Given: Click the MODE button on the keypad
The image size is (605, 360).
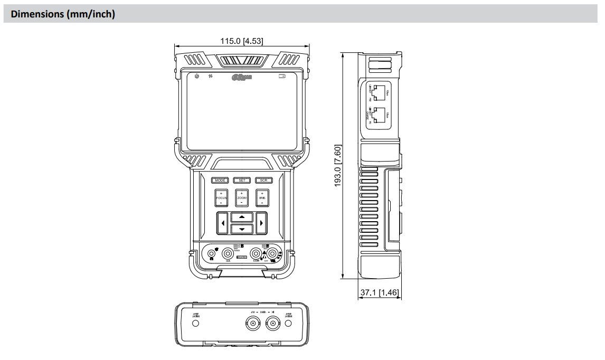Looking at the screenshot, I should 220,180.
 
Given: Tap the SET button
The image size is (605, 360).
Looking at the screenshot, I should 241,180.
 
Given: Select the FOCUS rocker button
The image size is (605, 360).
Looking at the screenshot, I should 221,197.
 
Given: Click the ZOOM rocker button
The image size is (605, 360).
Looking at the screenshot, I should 242,197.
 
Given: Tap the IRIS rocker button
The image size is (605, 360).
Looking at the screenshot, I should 262,197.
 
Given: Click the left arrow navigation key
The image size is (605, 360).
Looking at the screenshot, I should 222,223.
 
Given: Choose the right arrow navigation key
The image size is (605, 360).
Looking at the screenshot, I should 261,223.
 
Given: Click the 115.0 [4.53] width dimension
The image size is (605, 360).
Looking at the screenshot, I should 242,41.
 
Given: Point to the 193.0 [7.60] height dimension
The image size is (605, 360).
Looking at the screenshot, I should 338,165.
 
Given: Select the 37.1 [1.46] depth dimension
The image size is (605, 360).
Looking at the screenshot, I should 379,291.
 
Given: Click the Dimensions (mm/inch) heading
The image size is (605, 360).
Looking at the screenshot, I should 63,14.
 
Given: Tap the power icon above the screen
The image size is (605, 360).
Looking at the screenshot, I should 197,77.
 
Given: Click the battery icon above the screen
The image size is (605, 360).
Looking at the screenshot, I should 282,77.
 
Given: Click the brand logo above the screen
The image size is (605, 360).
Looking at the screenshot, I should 242,78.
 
